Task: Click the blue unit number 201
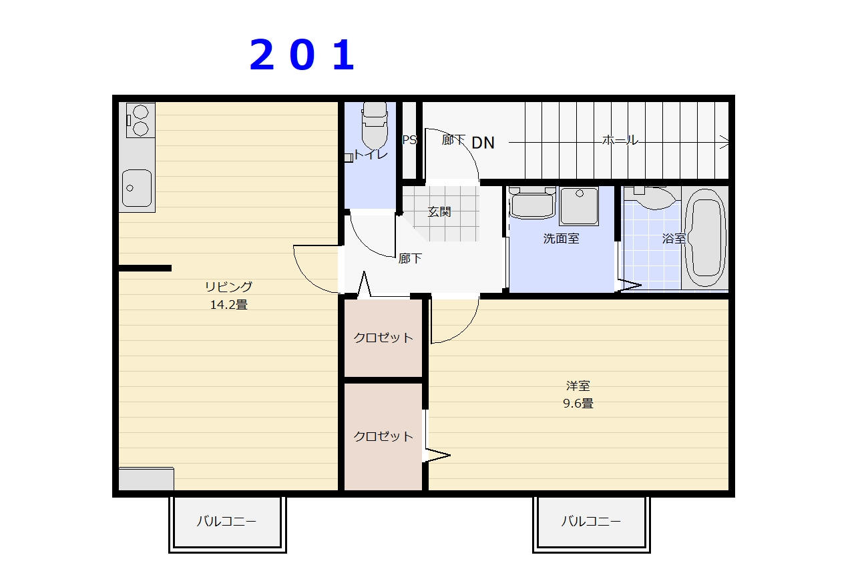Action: coord(302,55)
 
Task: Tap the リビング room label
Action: coord(228,287)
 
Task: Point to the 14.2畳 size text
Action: coord(228,305)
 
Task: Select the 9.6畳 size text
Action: coord(578,404)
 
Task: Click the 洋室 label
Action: coord(578,386)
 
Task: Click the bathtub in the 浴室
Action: coord(705,237)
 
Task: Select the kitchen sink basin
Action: coord(137,188)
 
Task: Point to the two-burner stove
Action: coord(141,120)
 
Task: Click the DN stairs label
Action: coord(483,143)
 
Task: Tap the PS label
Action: coord(409,139)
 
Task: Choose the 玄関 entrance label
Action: coord(439,211)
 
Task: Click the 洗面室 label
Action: coord(561,239)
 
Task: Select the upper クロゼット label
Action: coord(383,338)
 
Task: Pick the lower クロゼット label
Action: coord(383,436)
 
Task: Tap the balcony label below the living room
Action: coord(226,522)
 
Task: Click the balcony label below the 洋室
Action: coord(591,522)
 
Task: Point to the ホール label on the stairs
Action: coord(620,140)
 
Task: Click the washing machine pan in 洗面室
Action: coord(579,206)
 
